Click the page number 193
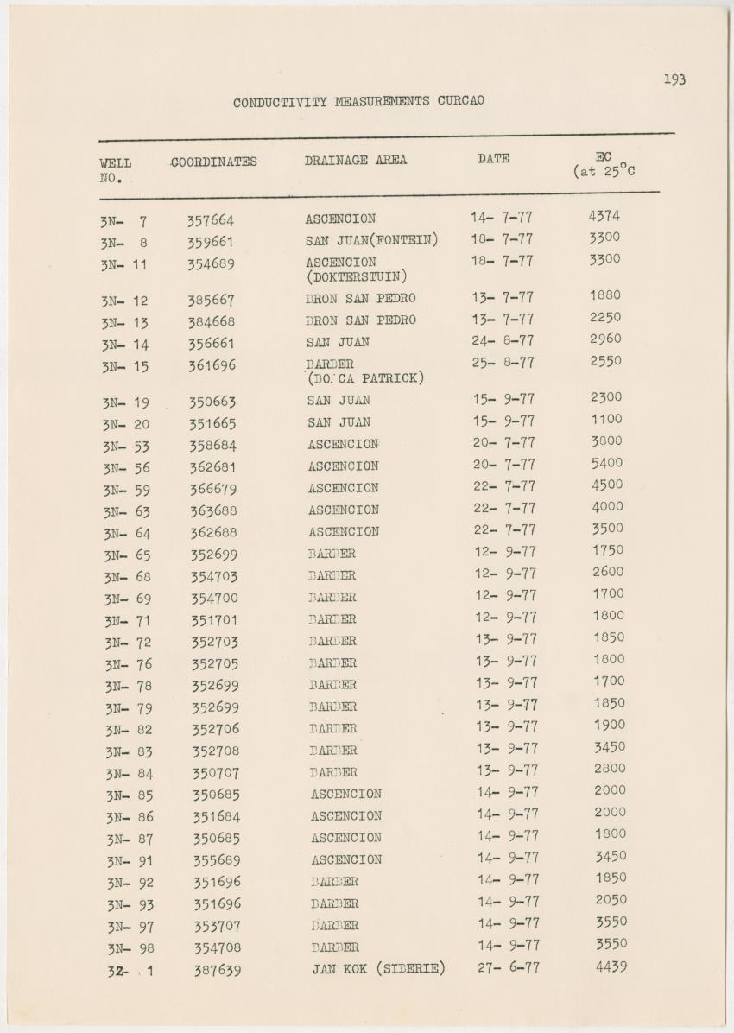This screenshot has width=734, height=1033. [x=674, y=79]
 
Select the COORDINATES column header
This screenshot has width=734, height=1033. [x=214, y=162]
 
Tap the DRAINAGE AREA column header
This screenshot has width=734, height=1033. [x=355, y=160]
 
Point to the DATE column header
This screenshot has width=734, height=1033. [x=493, y=158]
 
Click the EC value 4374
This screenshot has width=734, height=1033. [x=604, y=216]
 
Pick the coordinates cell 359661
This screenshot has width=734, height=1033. [x=211, y=243]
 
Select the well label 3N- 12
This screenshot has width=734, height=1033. [x=124, y=301]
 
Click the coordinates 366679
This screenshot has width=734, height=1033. [x=213, y=489]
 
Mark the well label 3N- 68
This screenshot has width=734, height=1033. [x=127, y=577]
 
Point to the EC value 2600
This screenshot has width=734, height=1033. [x=608, y=572]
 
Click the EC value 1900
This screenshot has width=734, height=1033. [x=610, y=725]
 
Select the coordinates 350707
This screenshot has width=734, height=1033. [x=215, y=773]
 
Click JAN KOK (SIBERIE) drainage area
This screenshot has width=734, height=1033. [x=378, y=968]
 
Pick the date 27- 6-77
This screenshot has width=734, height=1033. [x=509, y=967]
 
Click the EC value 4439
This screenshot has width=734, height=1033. [x=611, y=966]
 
